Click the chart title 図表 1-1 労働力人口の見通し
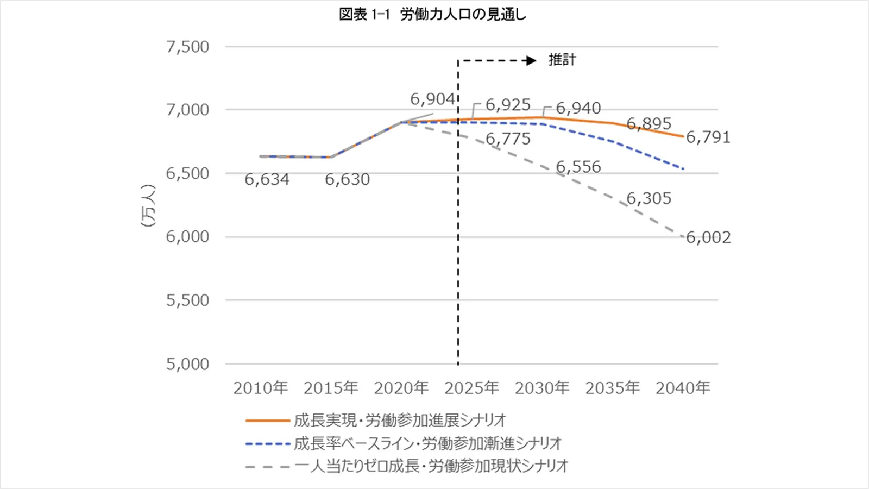pyautogui.click(x=432, y=15)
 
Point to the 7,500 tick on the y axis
pyautogui.click(x=187, y=47)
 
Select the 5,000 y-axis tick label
pyautogui.click(x=187, y=364)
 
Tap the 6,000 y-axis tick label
pyautogui.click(x=187, y=237)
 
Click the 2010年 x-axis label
pyautogui.click(x=260, y=388)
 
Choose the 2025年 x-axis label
pyautogui.click(x=471, y=388)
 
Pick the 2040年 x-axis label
pyautogui.click(x=683, y=388)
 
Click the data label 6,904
pyautogui.click(x=432, y=99)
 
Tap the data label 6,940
pyautogui.click(x=578, y=108)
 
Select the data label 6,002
pyautogui.click(x=708, y=237)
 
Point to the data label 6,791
pyautogui.click(x=708, y=137)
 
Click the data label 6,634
pyautogui.click(x=267, y=179)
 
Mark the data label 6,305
pyautogui.click(x=648, y=199)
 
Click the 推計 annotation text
pyautogui.click(x=562, y=60)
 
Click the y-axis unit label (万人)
pyautogui.click(x=148, y=205)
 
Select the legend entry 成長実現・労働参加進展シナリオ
pyautogui.click(x=400, y=420)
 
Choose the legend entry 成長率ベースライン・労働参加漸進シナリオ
pyautogui.click(x=427, y=443)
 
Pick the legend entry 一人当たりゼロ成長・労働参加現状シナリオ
pyautogui.click(x=431, y=466)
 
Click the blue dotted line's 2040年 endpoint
pyautogui.click(x=683, y=169)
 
